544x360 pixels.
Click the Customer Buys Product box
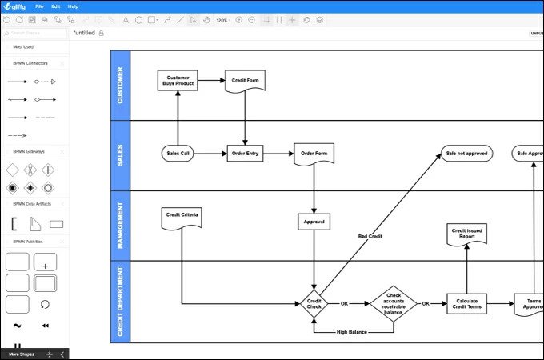[178, 80]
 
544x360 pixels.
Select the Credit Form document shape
[245, 81]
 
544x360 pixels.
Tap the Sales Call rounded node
[178, 153]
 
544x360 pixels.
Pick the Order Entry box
[245, 153]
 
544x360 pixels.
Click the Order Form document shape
[314, 153]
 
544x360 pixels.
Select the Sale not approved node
[467, 153]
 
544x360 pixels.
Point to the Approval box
[314, 222]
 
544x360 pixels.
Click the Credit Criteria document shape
[182, 217]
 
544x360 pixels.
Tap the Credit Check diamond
[314, 304]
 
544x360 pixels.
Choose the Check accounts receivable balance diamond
[393, 304]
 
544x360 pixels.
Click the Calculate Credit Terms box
[466, 304]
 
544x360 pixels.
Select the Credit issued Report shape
[466, 233]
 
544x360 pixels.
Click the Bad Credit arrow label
[370, 237]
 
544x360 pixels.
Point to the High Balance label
[353, 331]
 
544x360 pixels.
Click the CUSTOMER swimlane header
[120, 86]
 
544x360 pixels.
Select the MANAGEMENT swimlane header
[120, 226]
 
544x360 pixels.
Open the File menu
[39, 6]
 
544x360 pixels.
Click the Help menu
[73, 6]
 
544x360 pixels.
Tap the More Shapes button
[22, 354]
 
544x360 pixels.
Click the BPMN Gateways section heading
[29, 151]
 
